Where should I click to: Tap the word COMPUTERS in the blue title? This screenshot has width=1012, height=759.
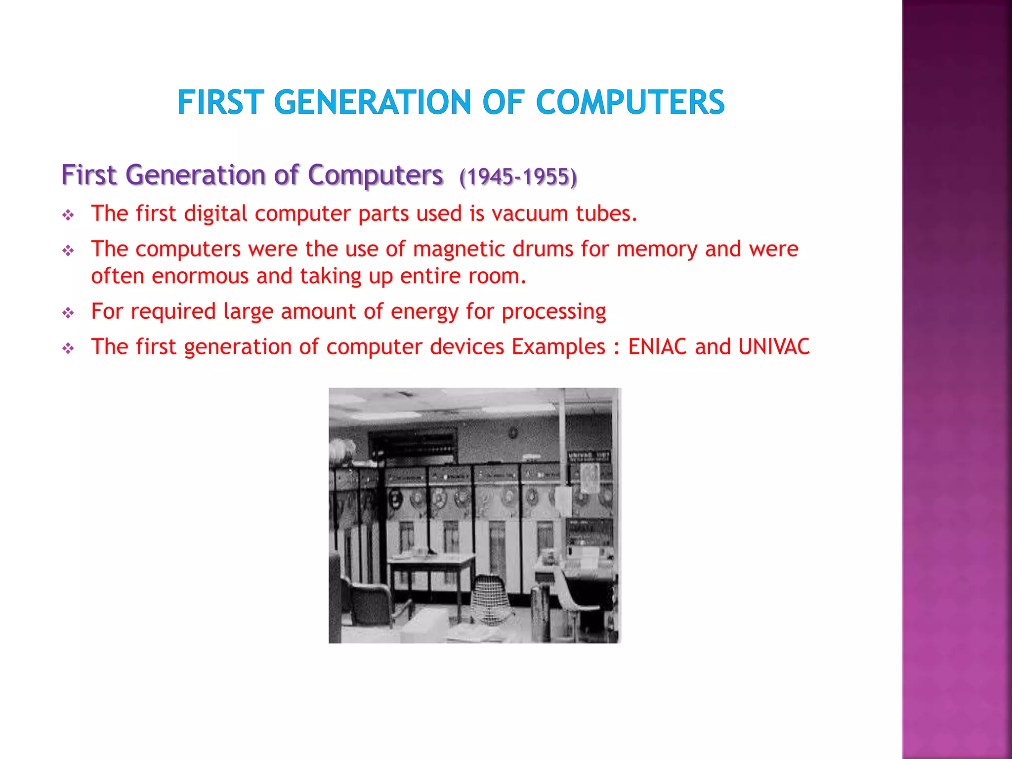click(630, 102)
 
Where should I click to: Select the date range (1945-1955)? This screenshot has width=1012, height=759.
click(518, 177)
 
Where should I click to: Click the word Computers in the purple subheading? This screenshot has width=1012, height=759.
click(375, 175)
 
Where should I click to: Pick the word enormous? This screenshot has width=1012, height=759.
click(200, 276)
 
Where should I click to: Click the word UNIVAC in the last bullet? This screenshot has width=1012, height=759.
click(774, 347)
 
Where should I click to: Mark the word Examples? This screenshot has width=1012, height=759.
click(558, 347)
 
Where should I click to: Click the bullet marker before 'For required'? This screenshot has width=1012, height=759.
click(68, 313)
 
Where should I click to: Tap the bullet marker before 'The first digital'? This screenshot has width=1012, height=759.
click(68, 215)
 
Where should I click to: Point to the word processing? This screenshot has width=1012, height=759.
click(554, 312)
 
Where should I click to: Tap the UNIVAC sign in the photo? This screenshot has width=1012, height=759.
click(588, 456)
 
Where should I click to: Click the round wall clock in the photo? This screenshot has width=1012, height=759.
click(513, 433)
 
